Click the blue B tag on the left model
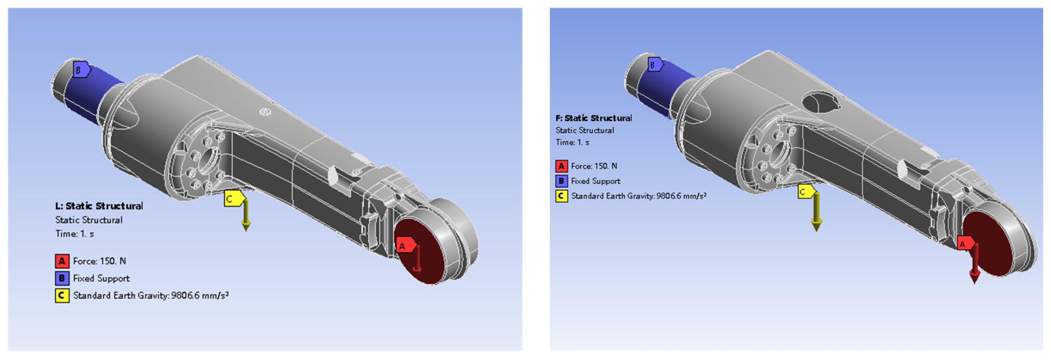(81, 70)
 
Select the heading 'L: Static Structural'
(99, 206)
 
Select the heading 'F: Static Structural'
(594, 118)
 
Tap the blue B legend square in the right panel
(561, 181)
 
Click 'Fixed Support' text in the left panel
(101, 278)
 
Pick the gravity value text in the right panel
(639, 196)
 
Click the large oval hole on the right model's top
(820, 102)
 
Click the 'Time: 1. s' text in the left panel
(75, 234)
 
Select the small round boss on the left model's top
(265, 112)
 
